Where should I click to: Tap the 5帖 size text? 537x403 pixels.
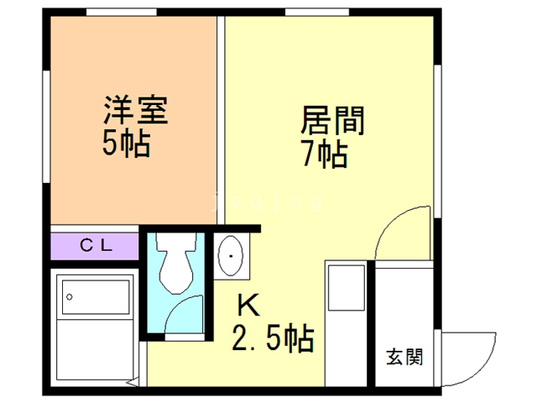pos(126,144)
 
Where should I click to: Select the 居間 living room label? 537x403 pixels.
pos(332,123)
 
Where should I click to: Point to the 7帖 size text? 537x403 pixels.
pos(323,155)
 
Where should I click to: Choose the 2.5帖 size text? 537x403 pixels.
pos(273,340)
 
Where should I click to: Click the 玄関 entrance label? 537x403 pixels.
pos(404,357)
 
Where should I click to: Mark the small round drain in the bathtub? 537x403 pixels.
pos(71,296)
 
